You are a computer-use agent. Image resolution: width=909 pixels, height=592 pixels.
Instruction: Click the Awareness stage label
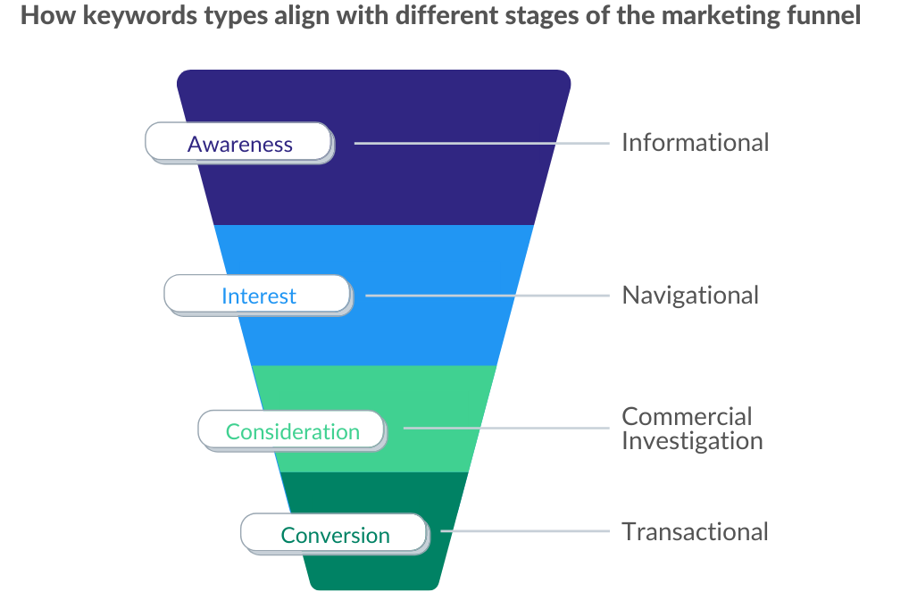pyautogui.click(x=239, y=143)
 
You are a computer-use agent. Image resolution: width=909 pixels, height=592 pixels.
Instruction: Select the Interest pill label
pyautogui.click(x=259, y=296)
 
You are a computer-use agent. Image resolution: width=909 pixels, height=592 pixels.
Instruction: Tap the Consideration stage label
pyautogui.click(x=292, y=431)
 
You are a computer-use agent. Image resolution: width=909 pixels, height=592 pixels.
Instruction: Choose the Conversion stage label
pyautogui.click(x=335, y=535)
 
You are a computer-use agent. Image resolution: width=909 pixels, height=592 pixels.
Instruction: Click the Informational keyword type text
pyautogui.click(x=695, y=143)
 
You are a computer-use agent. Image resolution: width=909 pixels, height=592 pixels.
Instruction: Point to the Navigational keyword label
pyautogui.click(x=690, y=296)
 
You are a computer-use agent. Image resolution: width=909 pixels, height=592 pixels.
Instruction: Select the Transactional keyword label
pyautogui.click(x=695, y=531)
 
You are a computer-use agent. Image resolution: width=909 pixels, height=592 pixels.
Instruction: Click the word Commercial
pyautogui.click(x=687, y=416)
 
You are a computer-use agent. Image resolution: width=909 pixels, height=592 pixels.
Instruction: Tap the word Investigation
pyautogui.click(x=692, y=441)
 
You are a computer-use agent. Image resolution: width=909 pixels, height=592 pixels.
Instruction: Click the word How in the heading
pyautogui.click(x=48, y=16)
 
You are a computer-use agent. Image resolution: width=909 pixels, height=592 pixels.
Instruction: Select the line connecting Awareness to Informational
pyautogui.click(x=482, y=143)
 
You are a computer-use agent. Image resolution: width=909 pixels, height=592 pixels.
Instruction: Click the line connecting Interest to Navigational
pyautogui.click(x=488, y=296)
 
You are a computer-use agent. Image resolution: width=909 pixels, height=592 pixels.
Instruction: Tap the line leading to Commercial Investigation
pyautogui.click(x=506, y=429)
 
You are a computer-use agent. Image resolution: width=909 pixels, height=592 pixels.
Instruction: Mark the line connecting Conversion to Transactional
pyautogui.click(x=525, y=531)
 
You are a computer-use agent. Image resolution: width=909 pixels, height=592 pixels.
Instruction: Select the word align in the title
pyautogui.click(x=301, y=16)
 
